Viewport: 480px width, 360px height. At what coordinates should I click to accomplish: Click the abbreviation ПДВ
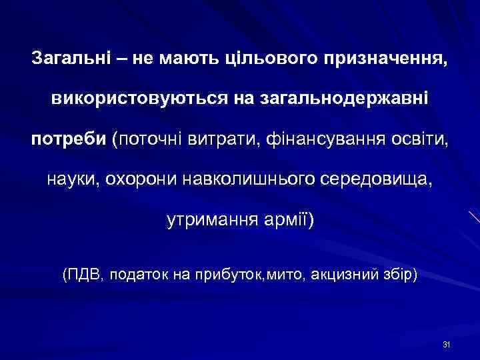(x=84, y=273)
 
